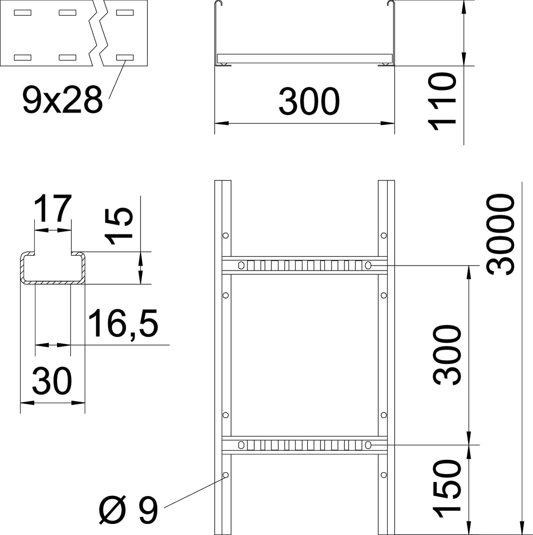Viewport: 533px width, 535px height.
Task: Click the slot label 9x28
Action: click(62, 100)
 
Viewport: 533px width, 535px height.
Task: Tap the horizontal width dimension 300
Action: click(309, 102)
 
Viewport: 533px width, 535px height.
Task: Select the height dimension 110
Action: click(442, 101)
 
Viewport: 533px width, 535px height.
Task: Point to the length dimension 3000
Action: click(500, 234)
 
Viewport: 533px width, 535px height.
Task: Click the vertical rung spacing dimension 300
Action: click(447, 355)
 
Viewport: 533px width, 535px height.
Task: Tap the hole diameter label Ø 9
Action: click(128, 511)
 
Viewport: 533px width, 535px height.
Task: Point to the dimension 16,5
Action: click(123, 324)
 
